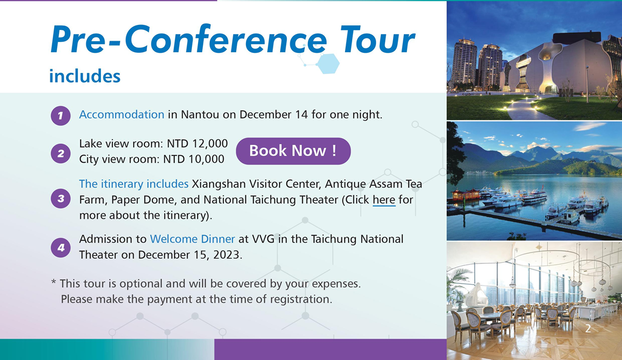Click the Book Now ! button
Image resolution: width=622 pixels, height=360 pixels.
(x=293, y=151)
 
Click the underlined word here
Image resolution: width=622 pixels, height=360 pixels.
(x=384, y=200)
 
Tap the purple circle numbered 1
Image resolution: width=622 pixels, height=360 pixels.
(x=61, y=116)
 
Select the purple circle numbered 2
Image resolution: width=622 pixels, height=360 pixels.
(x=61, y=154)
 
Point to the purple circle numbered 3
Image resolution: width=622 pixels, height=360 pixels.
(x=61, y=199)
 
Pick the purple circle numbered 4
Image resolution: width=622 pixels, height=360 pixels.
(x=61, y=248)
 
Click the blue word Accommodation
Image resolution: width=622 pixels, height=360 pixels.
(x=121, y=115)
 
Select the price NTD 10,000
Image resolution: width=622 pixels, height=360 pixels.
(x=194, y=159)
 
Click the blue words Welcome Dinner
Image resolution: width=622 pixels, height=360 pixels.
(x=193, y=239)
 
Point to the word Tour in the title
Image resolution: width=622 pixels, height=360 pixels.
(x=377, y=39)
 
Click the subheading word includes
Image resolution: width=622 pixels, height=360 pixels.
(x=84, y=76)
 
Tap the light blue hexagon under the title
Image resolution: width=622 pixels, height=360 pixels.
(x=329, y=64)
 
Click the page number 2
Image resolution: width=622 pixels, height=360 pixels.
(x=588, y=328)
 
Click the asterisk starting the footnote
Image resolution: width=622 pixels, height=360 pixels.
(x=53, y=282)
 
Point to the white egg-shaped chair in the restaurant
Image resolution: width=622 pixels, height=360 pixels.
(x=477, y=296)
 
